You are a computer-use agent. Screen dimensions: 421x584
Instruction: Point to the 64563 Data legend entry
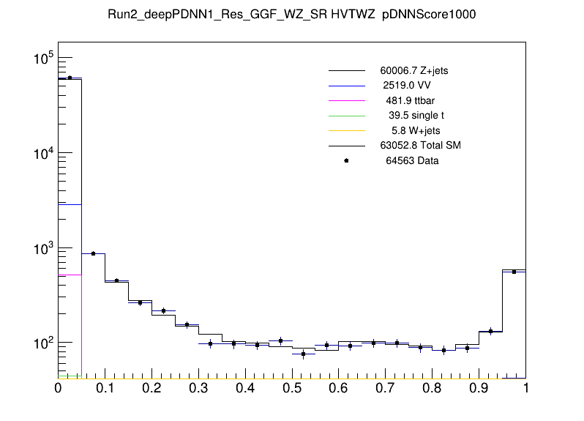412,160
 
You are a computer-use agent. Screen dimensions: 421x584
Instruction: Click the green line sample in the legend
346,116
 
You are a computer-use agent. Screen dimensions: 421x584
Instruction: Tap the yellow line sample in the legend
346,130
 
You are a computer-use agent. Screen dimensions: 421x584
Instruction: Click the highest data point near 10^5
70,78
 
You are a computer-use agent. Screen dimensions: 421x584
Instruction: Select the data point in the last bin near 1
514,272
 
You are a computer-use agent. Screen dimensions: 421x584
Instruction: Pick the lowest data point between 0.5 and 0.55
303,354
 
